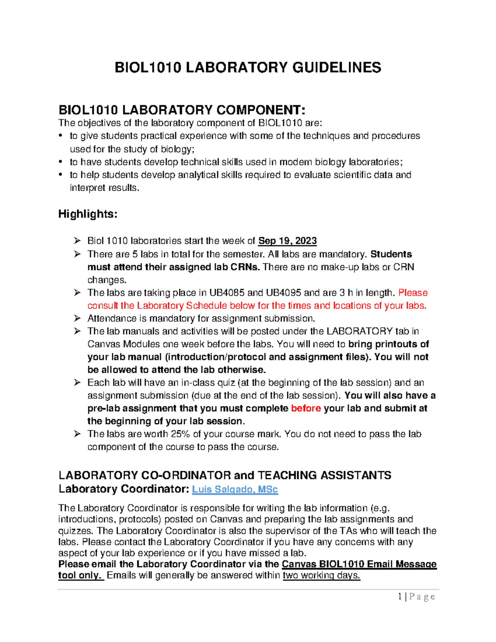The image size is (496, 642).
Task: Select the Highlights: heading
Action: [88, 214]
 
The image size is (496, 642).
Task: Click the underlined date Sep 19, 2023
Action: [287, 241]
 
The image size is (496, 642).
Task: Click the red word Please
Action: [413, 293]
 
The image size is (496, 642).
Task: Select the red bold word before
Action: [306, 408]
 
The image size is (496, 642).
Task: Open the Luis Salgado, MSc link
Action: [235, 489]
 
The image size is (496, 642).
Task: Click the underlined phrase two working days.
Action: [321, 575]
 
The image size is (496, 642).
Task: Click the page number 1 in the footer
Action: [400, 597]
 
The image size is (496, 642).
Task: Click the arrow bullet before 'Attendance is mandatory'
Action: [77, 318]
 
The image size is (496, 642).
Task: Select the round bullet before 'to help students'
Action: [61, 175]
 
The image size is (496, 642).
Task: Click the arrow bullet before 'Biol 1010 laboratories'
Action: [77, 241]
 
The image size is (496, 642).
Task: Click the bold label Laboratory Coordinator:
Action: [124, 489]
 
